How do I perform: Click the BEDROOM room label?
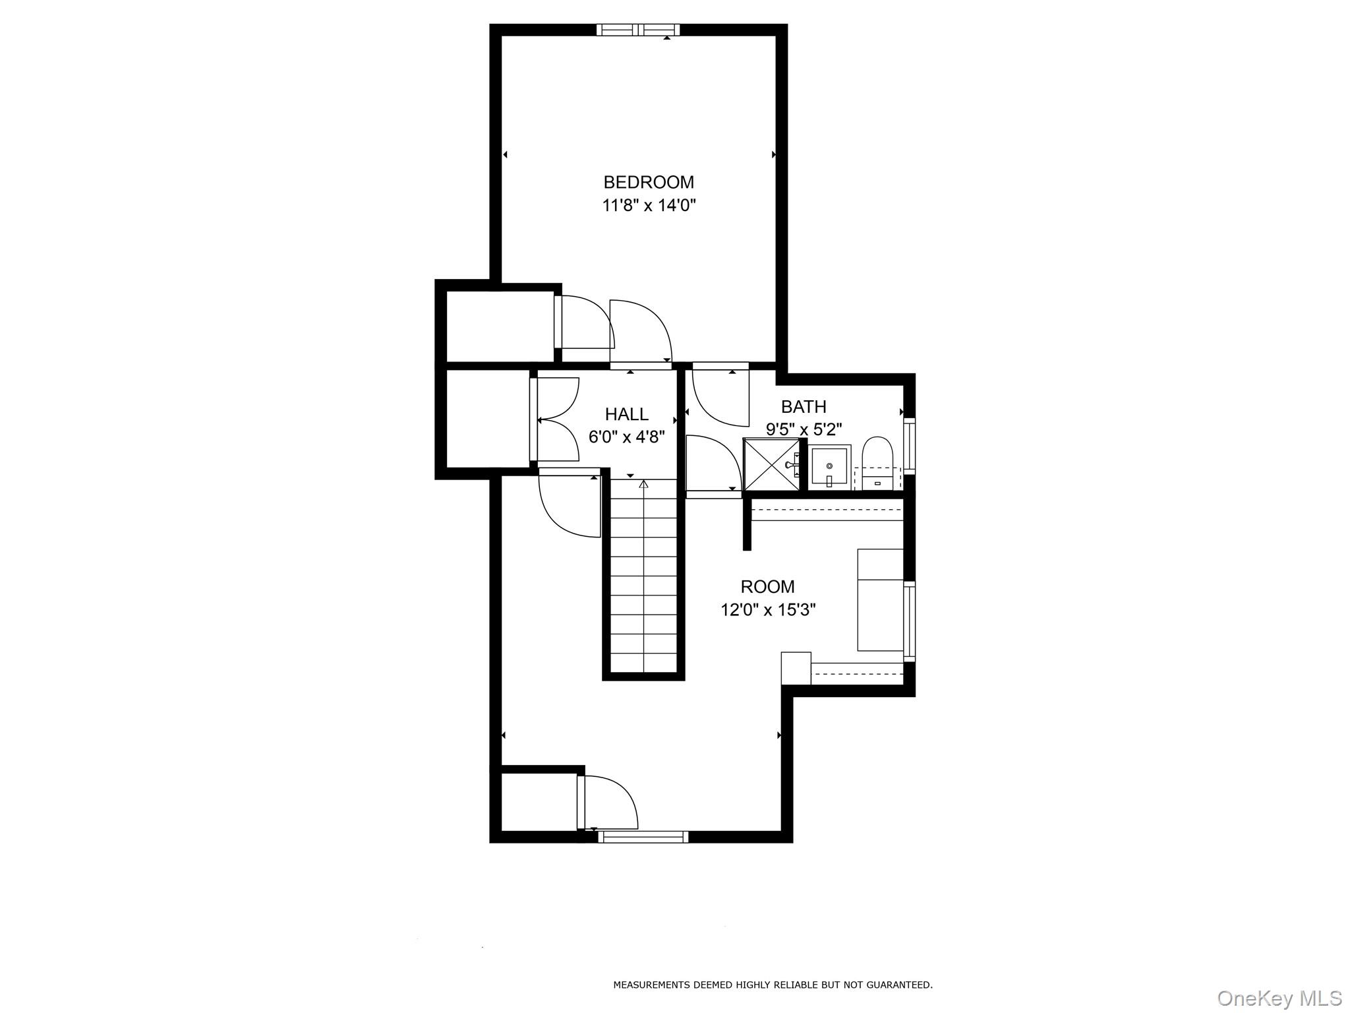[649, 182]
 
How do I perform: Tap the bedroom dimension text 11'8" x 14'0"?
[649, 206]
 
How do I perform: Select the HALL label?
[626, 414]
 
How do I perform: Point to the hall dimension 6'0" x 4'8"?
[626, 437]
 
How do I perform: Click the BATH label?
[804, 406]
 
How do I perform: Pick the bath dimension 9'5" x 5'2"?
[804, 430]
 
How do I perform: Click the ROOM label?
[767, 586]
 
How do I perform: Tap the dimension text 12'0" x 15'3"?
[768, 610]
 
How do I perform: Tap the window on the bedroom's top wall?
[638, 30]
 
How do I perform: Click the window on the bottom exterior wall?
[643, 837]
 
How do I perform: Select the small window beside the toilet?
[910, 445]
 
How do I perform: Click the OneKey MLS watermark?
[1279, 998]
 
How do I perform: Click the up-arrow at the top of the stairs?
[643, 484]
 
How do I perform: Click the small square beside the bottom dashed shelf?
[796, 669]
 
